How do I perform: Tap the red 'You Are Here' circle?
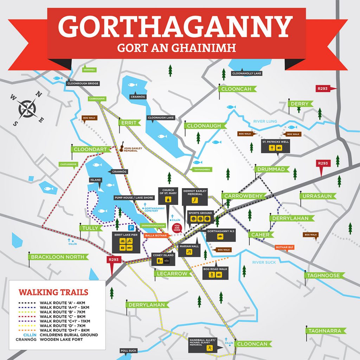pos(177,227)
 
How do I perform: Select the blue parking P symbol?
pos(131,227)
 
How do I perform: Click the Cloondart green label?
pos(90,149)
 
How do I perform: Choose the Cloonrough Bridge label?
pos(83,84)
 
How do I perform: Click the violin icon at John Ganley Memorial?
pos(122,148)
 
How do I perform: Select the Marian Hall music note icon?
pos(189,252)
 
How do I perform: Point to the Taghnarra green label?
pos(324,331)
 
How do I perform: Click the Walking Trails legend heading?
pos(53,292)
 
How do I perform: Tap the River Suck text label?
pos(264,262)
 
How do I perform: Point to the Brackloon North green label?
pos(58,257)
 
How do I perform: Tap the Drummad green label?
pos(271,169)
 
